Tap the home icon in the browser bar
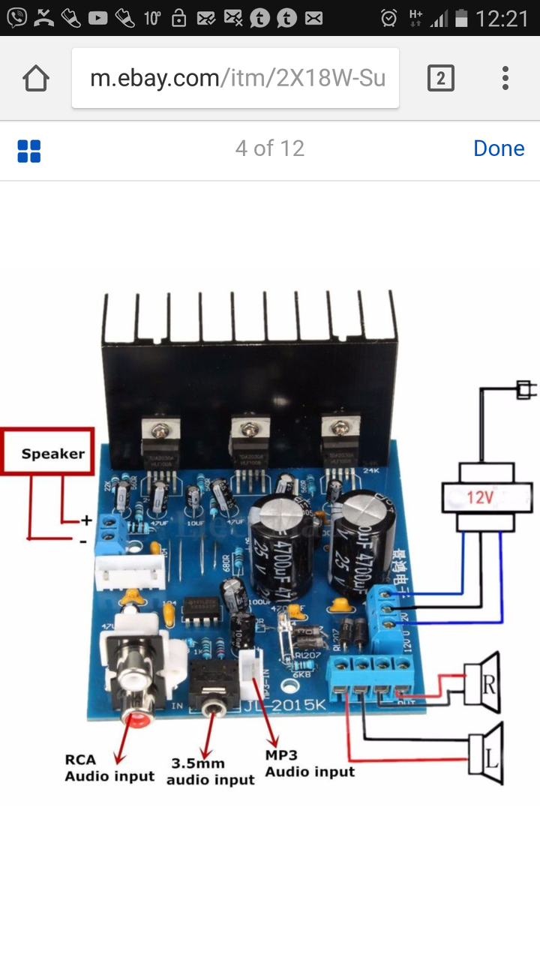pyautogui.click(x=36, y=79)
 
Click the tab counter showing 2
pyautogui.click(x=440, y=79)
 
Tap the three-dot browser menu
pyautogui.click(x=505, y=79)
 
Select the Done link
pyautogui.click(x=499, y=148)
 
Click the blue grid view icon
pyautogui.click(x=29, y=151)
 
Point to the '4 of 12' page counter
pyautogui.click(x=270, y=148)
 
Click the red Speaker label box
pyautogui.click(x=49, y=452)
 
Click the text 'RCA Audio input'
pyautogui.click(x=109, y=769)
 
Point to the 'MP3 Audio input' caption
pyautogui.click(x=310, y=763)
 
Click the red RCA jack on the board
pyautogui.click(x=136, y=718)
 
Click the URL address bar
pyautogui.click(x=235, y=79)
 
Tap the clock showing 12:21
pyautogui.click(x=502, y=18)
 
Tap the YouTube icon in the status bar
pyautogui.click(x=97, y=18)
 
